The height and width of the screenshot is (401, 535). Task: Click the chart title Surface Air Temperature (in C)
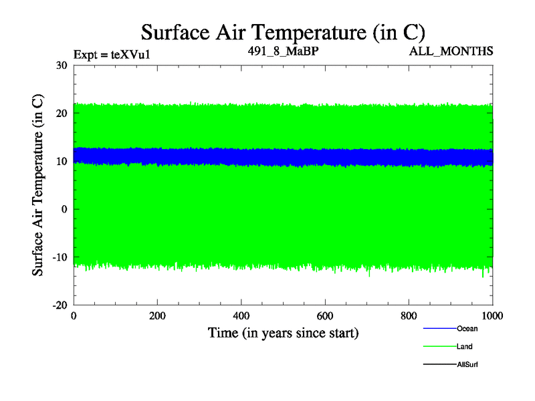coord(283,32)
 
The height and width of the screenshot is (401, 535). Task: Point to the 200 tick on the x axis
coord(157,317)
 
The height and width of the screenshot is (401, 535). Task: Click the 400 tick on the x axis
coord(241,317)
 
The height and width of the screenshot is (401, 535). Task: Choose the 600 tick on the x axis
coord(325,317)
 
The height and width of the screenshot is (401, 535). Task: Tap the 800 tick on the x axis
coord(409,317)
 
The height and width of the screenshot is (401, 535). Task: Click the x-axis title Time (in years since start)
coord(283,333)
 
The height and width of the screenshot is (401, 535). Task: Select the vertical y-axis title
coord(38,185)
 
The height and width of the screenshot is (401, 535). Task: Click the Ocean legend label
coord(467,328)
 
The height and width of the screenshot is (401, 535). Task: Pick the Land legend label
coord(465,346)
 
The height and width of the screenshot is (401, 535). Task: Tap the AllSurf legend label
coord(467,365)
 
